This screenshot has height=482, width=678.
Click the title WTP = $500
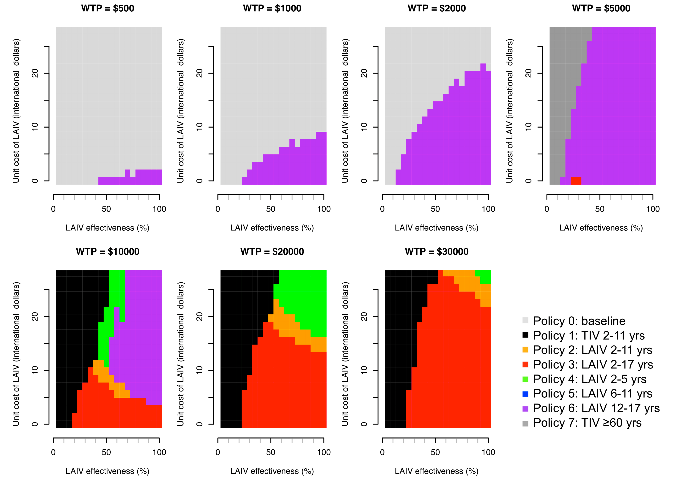coord(107,8)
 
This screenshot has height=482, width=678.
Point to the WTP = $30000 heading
coord(437,252)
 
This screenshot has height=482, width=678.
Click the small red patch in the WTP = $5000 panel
coord(576,181)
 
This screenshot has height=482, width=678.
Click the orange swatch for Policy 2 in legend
coord(525,350)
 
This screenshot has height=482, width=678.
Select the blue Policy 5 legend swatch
coord(525,394)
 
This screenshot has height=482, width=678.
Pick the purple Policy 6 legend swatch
coord(525,409)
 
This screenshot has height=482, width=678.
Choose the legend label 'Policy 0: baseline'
coord(579,321)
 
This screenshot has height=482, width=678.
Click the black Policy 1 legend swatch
coord(525,335)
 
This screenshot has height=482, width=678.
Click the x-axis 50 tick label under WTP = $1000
coord(271,209)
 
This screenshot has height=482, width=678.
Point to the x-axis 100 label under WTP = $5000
coord(653,209)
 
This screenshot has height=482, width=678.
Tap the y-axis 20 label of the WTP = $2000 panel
coord(364,73)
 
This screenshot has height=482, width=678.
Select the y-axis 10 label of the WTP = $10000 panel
coord(35,370)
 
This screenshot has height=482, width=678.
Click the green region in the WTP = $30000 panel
coord(485,277)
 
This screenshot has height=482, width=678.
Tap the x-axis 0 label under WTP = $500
coord(53,209)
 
